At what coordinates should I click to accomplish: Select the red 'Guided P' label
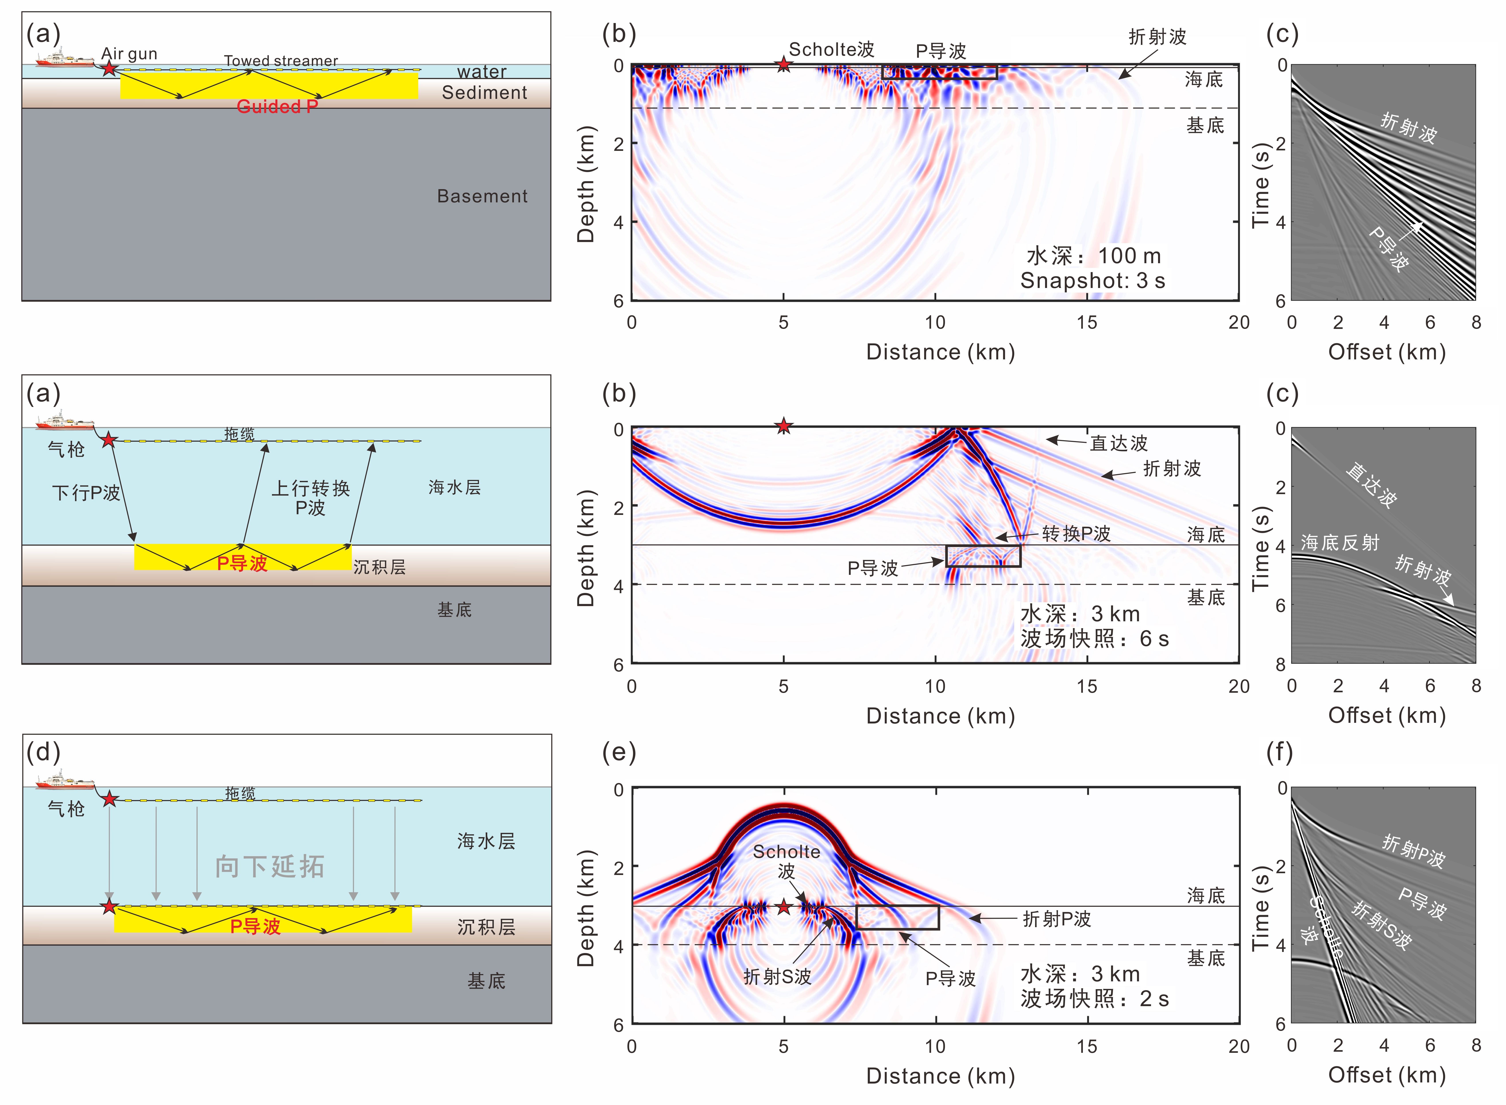point(277,106)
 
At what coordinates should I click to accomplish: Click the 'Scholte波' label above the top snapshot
point(831,50)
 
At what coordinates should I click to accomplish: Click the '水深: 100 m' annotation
point(1094,255)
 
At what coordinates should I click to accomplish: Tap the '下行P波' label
point(86,493)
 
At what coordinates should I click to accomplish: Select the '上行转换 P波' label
point(310,498)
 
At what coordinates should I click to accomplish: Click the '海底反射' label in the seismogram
point(1340,543)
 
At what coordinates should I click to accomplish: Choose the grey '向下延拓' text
point(270,867)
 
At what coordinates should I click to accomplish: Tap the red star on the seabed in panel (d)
point(109,907)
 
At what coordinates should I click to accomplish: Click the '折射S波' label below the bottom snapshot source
point(777,976)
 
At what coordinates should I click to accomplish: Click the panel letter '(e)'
point(619,752)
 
